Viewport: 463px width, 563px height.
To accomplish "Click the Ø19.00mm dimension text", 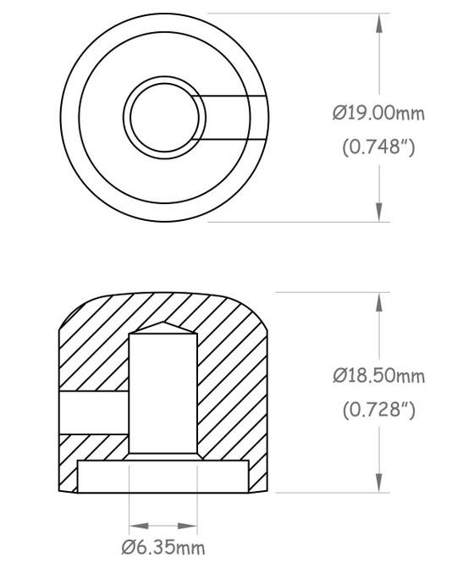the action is [378, 113].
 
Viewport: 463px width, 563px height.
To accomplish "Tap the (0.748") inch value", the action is [378, 146].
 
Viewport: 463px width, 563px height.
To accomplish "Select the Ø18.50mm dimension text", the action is [378, 376].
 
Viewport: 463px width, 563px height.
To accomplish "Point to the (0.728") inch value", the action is [378, 409].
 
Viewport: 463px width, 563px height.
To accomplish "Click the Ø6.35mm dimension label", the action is [163, 548].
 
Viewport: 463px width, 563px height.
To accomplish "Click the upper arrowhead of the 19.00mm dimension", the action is [379, 24].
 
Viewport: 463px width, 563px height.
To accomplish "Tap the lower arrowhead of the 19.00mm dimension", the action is [379, 212].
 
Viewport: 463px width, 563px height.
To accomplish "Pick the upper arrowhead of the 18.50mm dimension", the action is [379, 302].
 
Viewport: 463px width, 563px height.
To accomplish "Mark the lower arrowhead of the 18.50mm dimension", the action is [379, 483].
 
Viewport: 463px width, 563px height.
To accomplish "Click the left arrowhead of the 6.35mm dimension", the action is [139, 526].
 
